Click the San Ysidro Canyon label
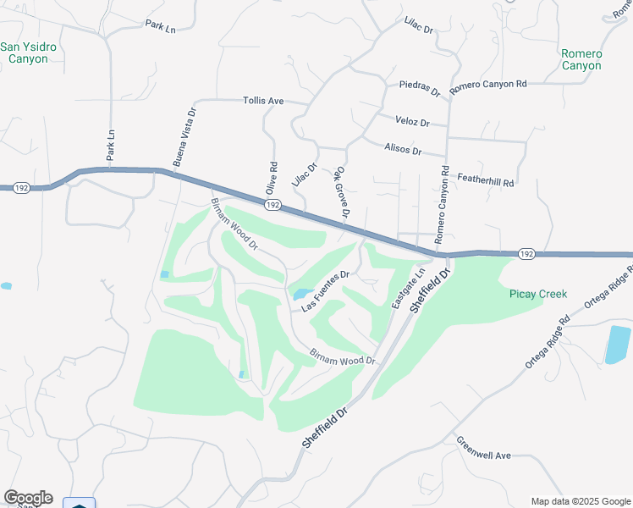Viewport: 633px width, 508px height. pyautogui.click(x=29, y=52)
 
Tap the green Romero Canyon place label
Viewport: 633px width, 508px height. pyautogui.click(x=581, y=59)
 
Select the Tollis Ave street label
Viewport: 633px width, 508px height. pyautogui.click(x=263, y=101)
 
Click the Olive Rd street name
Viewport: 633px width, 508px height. pyautogui.click(x=272, y=178)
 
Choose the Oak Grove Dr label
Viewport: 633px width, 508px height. pyautogui.click(x=344, y=192)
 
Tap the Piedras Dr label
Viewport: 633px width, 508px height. pyautogui.click(x=421, y=88)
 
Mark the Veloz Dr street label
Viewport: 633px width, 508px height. pyautogui.click(x=412, y=122)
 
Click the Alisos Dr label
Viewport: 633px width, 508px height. pyautogui.click(x=403, y=150)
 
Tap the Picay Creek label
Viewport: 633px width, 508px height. pyautogui.click(x=537, y=295)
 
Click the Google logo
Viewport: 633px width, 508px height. pyautogui.click(x=28, y=498)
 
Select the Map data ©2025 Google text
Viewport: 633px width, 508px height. pyautogui.click(x=580, y=500)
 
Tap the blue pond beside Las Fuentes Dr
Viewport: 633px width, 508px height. pyautogui.click(x=301, y=295)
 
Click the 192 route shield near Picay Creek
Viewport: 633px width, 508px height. pyautogui.click(x=526, y=253)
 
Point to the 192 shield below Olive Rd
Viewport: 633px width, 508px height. pyautogui.click(x=272, y=205)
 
